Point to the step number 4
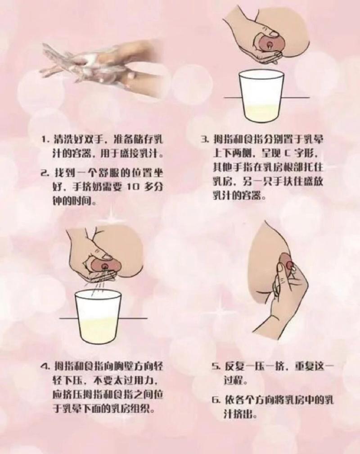[44, 365]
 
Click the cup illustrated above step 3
[260, 96]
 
